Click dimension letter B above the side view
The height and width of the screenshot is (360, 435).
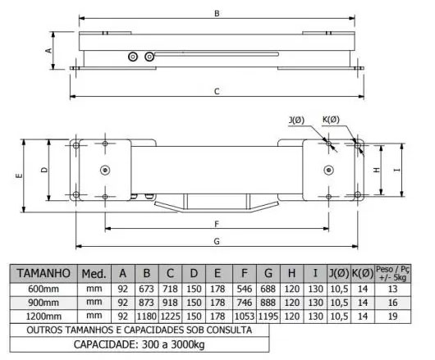coord(216,15)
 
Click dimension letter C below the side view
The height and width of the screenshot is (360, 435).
coord(217,92)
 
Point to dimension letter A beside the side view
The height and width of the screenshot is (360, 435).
coord(48,50)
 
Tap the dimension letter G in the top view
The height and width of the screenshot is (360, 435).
coord(216,241)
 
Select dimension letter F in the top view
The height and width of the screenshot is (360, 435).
coord(216,223)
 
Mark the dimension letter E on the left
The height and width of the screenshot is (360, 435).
coord(19,175)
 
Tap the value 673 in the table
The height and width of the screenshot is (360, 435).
coord(145,289)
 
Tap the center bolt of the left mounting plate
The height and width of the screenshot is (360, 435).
coord(105,170)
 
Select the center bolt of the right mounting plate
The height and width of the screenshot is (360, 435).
coord(329,170)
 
